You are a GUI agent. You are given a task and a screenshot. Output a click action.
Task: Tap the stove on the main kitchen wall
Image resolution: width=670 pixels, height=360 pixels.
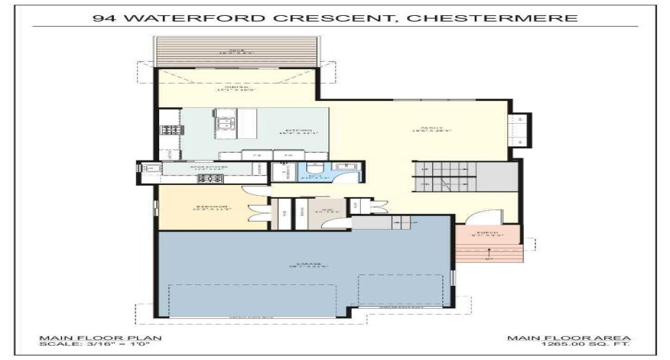[x=170, y=130]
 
